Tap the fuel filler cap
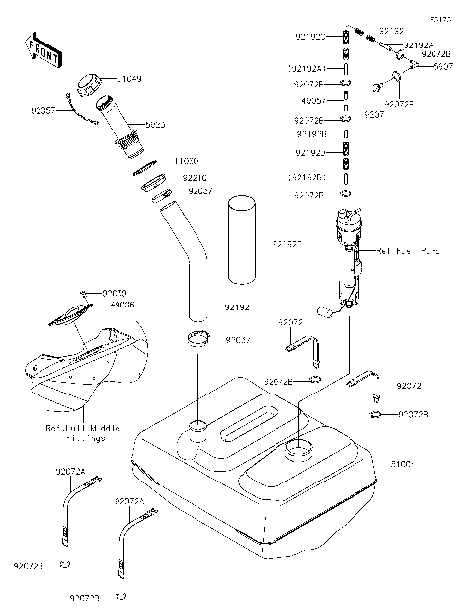[90, 84]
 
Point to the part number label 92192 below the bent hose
[236, 307]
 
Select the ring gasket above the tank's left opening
[197, 341]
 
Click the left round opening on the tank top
[197, 427]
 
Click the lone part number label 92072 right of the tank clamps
[410, 384]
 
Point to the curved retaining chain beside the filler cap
[79, 111]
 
